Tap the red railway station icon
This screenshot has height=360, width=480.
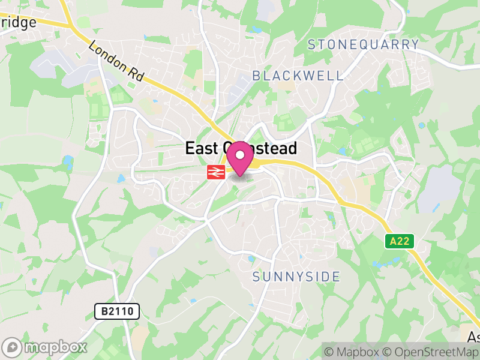(x=216, y=173)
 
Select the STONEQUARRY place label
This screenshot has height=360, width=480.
(x=363, y=44)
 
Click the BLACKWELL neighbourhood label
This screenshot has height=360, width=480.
(x=298, y=76)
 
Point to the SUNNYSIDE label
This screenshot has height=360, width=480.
(x=296, y=277)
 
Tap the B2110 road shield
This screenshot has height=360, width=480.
(x=117, y=311)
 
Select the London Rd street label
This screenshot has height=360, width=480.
(x=116, y=61)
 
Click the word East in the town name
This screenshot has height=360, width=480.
(x=203, y=149)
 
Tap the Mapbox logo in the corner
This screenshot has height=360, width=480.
(x=45, y=347)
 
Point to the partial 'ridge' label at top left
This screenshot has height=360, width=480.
(x=18, y=23)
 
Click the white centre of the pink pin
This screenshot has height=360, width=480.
(x=240, y=155)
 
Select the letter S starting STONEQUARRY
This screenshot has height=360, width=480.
(x=311, y=44)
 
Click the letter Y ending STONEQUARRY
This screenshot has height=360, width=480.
(x=415, y=44)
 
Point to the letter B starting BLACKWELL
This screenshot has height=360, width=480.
(x=256, y=76)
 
